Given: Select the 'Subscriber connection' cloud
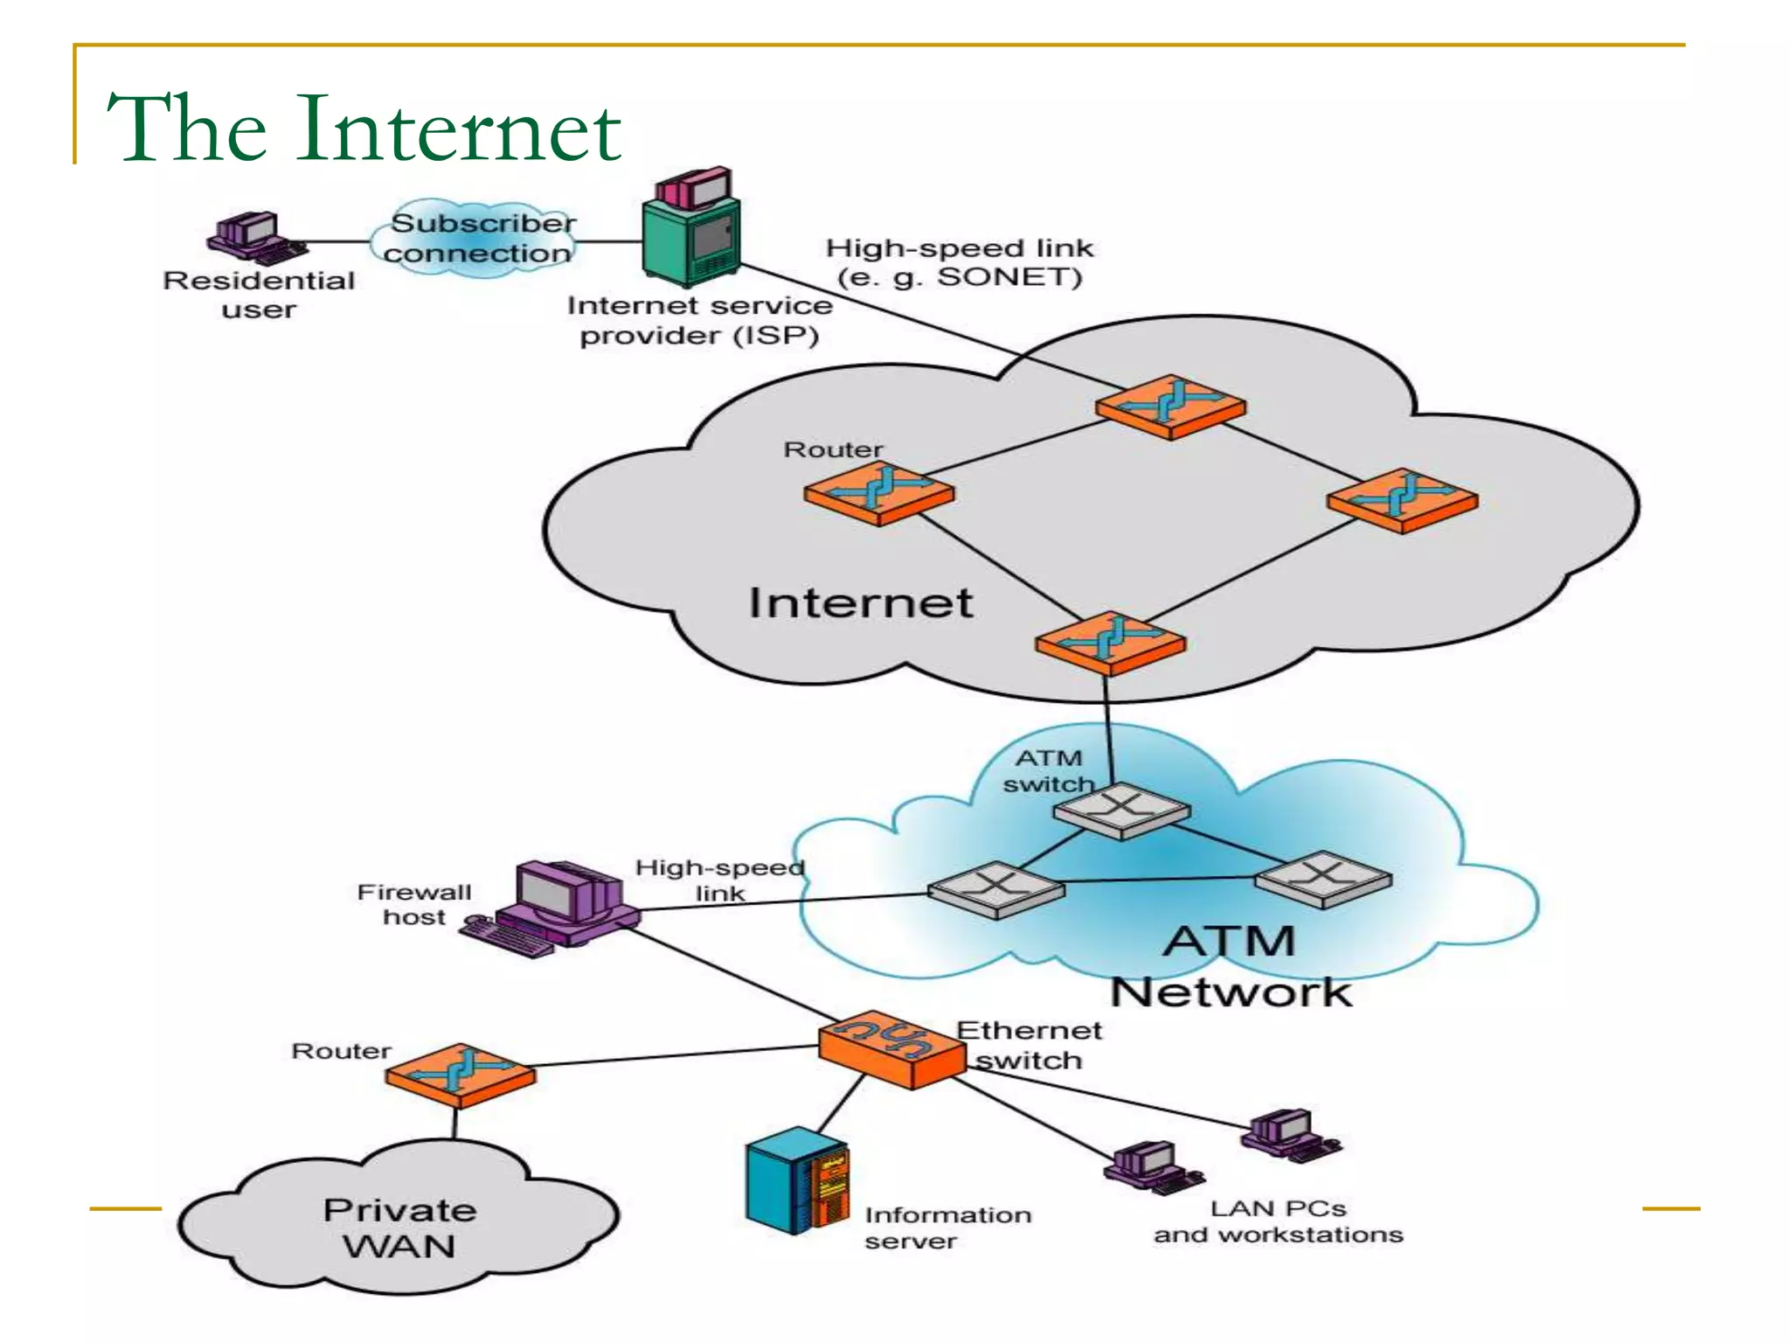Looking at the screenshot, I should (x=479, y=238).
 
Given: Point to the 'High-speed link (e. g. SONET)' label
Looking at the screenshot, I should (x=959, y=262).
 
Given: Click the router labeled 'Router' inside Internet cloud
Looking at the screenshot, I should (x=878, y=493).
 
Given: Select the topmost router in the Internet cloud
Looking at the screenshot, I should (x=1170, y=407).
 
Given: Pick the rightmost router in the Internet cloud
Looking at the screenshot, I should (x=1402, y=500).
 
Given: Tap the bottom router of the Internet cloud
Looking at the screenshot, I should (x=1110, y=643).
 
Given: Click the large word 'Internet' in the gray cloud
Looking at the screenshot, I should (x=860, y=603).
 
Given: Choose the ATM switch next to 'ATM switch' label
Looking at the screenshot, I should (x=1121, y=810).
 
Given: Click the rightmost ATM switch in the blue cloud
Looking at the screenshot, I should (x=1323, y=879).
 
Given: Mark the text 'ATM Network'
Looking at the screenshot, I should (x=1231, y=966).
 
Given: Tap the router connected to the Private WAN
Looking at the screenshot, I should (x=460, y=1074).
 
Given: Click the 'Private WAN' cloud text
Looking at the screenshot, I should (x=399, y=1228).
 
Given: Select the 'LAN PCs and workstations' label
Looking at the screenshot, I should (x=1278, y=1221).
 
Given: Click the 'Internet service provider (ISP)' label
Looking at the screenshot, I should (x=699, y=320).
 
